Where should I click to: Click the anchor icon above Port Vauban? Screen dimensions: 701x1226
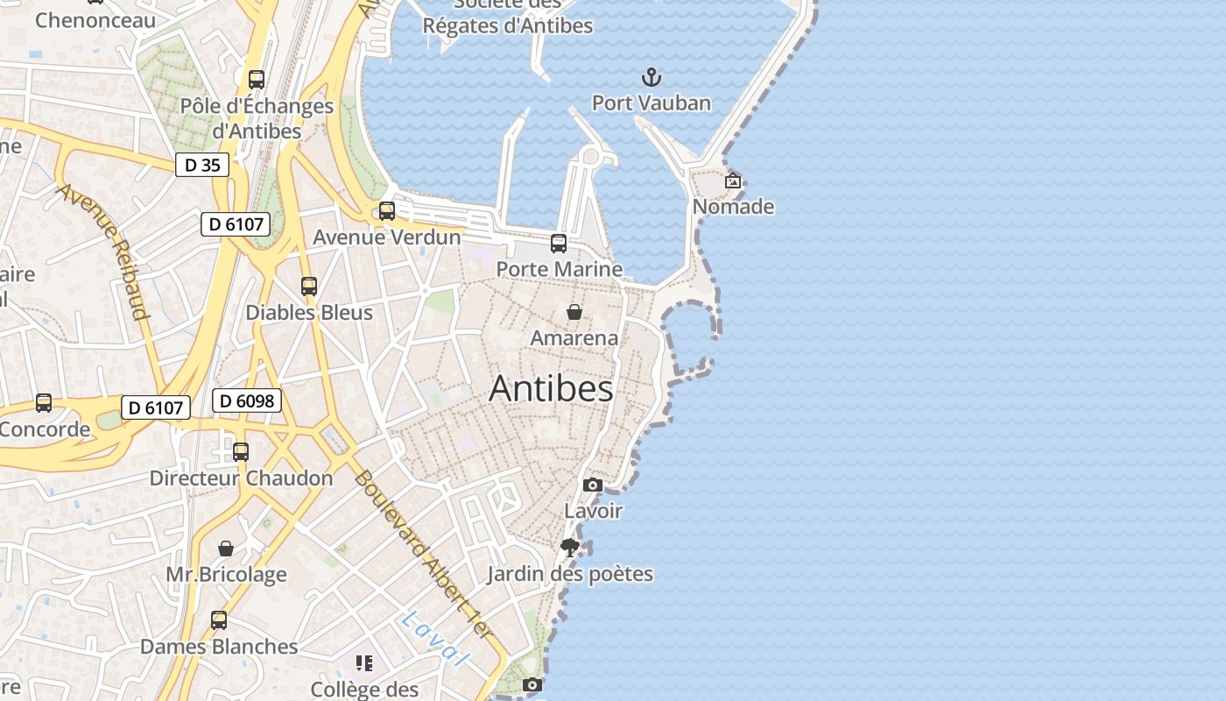click(x=651, y=77)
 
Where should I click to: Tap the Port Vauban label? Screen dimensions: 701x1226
click(x=651, y=103)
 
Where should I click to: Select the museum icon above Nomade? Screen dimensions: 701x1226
click(x=733, y=181)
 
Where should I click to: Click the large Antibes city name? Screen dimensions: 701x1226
click(x=551, y=388)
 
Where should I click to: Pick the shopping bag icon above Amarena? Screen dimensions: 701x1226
click(x=574, y=312)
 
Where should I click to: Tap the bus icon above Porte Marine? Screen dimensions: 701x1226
click(x=558, y=244)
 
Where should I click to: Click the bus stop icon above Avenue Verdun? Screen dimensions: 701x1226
click(x=386, y=211)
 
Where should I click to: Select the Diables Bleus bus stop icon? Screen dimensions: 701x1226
click(x=308, y=287)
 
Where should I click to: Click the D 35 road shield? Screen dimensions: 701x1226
click(x=202, y=165)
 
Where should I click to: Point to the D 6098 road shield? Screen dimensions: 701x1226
click(x=246, y=401)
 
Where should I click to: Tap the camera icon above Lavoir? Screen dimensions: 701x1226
click(x=593, y=485)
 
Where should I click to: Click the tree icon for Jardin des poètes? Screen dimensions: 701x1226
click(x=570, y=548)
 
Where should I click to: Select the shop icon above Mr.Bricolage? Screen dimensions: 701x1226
click(x=226, y=549)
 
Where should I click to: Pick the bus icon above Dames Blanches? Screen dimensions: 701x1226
click(x=218, y=620)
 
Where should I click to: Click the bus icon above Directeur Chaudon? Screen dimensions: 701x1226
click(x=241, y=452)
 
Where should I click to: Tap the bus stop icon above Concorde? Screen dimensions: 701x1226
click(x=43, y=403)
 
